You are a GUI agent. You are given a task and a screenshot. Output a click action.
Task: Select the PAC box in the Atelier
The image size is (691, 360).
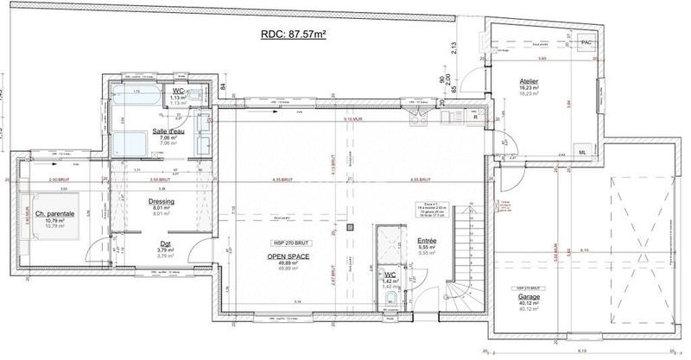coord(586,41)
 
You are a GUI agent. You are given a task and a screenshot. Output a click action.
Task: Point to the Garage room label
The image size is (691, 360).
coord(529,296)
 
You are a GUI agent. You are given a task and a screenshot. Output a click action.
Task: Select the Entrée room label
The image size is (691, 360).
coord(428,241)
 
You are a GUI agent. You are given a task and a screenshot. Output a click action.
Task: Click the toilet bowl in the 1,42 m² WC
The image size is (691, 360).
coord(391,299)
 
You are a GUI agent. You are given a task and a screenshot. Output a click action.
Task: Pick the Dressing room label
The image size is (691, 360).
coord(162,201)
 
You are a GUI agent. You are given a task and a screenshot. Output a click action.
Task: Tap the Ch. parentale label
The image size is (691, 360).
coord(55,213)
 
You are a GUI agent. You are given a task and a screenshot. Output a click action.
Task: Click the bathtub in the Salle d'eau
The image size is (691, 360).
coord(132,96)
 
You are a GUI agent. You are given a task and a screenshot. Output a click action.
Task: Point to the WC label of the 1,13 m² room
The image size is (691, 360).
coord(178,91)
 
